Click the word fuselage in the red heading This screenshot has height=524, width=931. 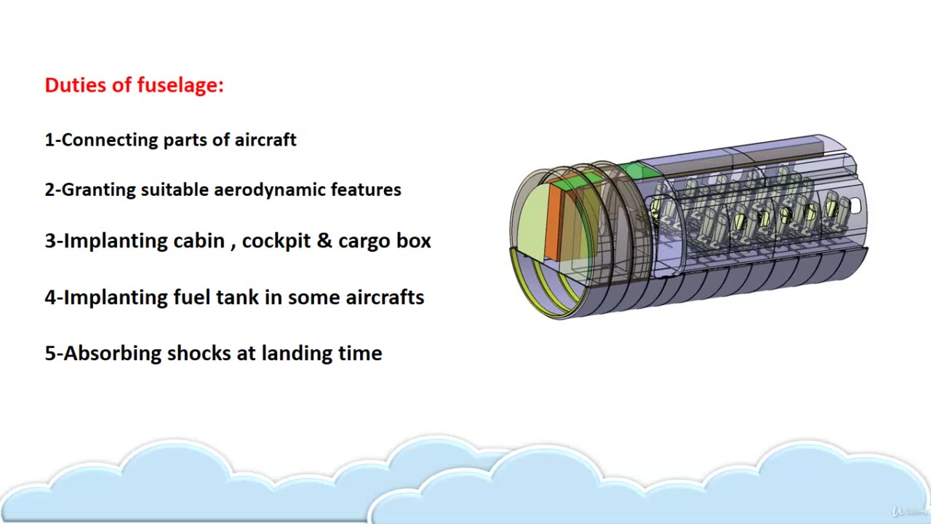click(180, 86)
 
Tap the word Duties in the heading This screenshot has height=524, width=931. click(75, 85)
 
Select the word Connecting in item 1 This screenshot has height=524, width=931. click(110, 140)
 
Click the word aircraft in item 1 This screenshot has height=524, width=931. click(265, 140)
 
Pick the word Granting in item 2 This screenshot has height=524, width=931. click(98, 191)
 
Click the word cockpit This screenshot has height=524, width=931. click(276, 241)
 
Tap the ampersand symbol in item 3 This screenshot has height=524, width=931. click(324, 240)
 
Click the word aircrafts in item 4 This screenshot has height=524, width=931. click(385, 297)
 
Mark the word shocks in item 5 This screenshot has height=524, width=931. click(199, 354)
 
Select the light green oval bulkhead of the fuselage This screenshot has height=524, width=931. click(531, 222)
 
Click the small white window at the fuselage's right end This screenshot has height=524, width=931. click(856, 205)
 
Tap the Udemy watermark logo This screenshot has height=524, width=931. click(909, 512)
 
